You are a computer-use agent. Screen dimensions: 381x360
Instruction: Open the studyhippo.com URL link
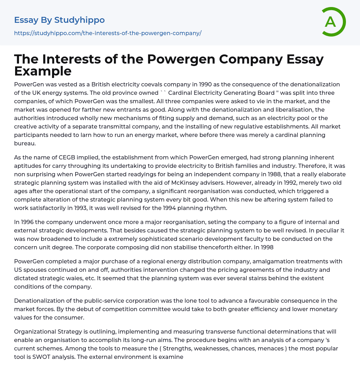108,33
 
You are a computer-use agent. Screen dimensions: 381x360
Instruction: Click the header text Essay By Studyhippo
59,20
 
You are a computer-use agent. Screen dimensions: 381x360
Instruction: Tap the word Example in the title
43,71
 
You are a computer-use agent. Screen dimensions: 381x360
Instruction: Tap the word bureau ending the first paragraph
25,143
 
